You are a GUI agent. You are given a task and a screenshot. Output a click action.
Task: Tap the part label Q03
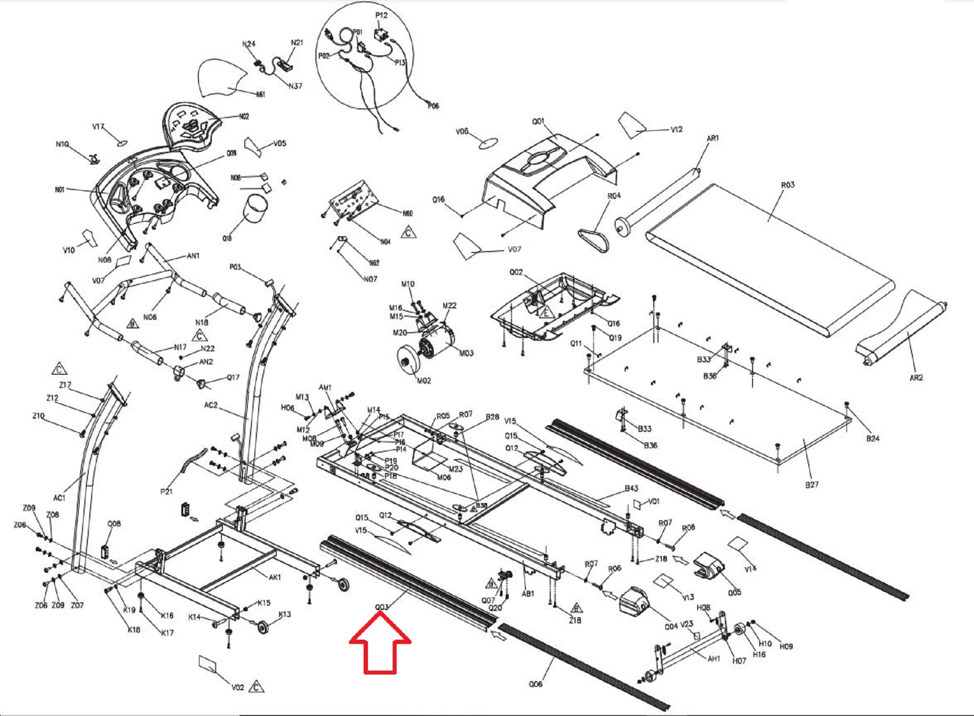382,607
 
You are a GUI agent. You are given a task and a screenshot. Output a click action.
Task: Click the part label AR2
916,378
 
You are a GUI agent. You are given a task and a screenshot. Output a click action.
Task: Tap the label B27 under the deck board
812,484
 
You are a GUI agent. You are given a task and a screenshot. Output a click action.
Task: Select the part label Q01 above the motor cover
538,121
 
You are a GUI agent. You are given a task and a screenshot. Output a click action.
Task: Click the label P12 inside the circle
381,15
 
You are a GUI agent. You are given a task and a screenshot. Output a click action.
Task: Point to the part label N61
260,95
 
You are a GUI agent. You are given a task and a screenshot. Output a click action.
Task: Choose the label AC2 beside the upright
210,405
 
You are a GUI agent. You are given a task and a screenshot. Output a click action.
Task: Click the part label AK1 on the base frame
275,577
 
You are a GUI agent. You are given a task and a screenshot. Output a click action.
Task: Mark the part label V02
238,687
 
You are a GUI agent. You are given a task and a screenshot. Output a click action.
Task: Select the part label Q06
535,684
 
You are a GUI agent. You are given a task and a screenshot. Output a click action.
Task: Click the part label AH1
713,659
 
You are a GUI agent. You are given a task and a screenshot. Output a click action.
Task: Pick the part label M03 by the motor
466,353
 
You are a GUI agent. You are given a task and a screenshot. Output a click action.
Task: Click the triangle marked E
546,313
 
